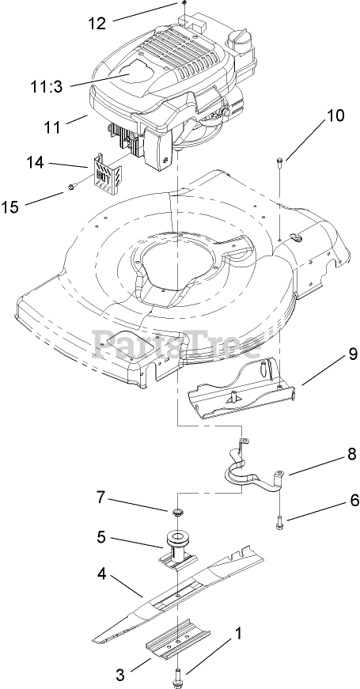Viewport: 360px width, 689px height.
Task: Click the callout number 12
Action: (x=97, y=23)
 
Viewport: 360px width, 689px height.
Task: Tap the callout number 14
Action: (x=34, y=163)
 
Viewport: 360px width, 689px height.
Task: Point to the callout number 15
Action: (x=10, y=206)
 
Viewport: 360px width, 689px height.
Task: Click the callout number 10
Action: (x=335, y=115)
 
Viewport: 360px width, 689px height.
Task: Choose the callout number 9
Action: (x=353, y=354)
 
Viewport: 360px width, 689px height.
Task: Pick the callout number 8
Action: (x=351, y=454)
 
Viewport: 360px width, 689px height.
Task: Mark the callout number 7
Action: (x=101, y=498)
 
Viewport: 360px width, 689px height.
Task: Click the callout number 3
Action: (x=120, y=674)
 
